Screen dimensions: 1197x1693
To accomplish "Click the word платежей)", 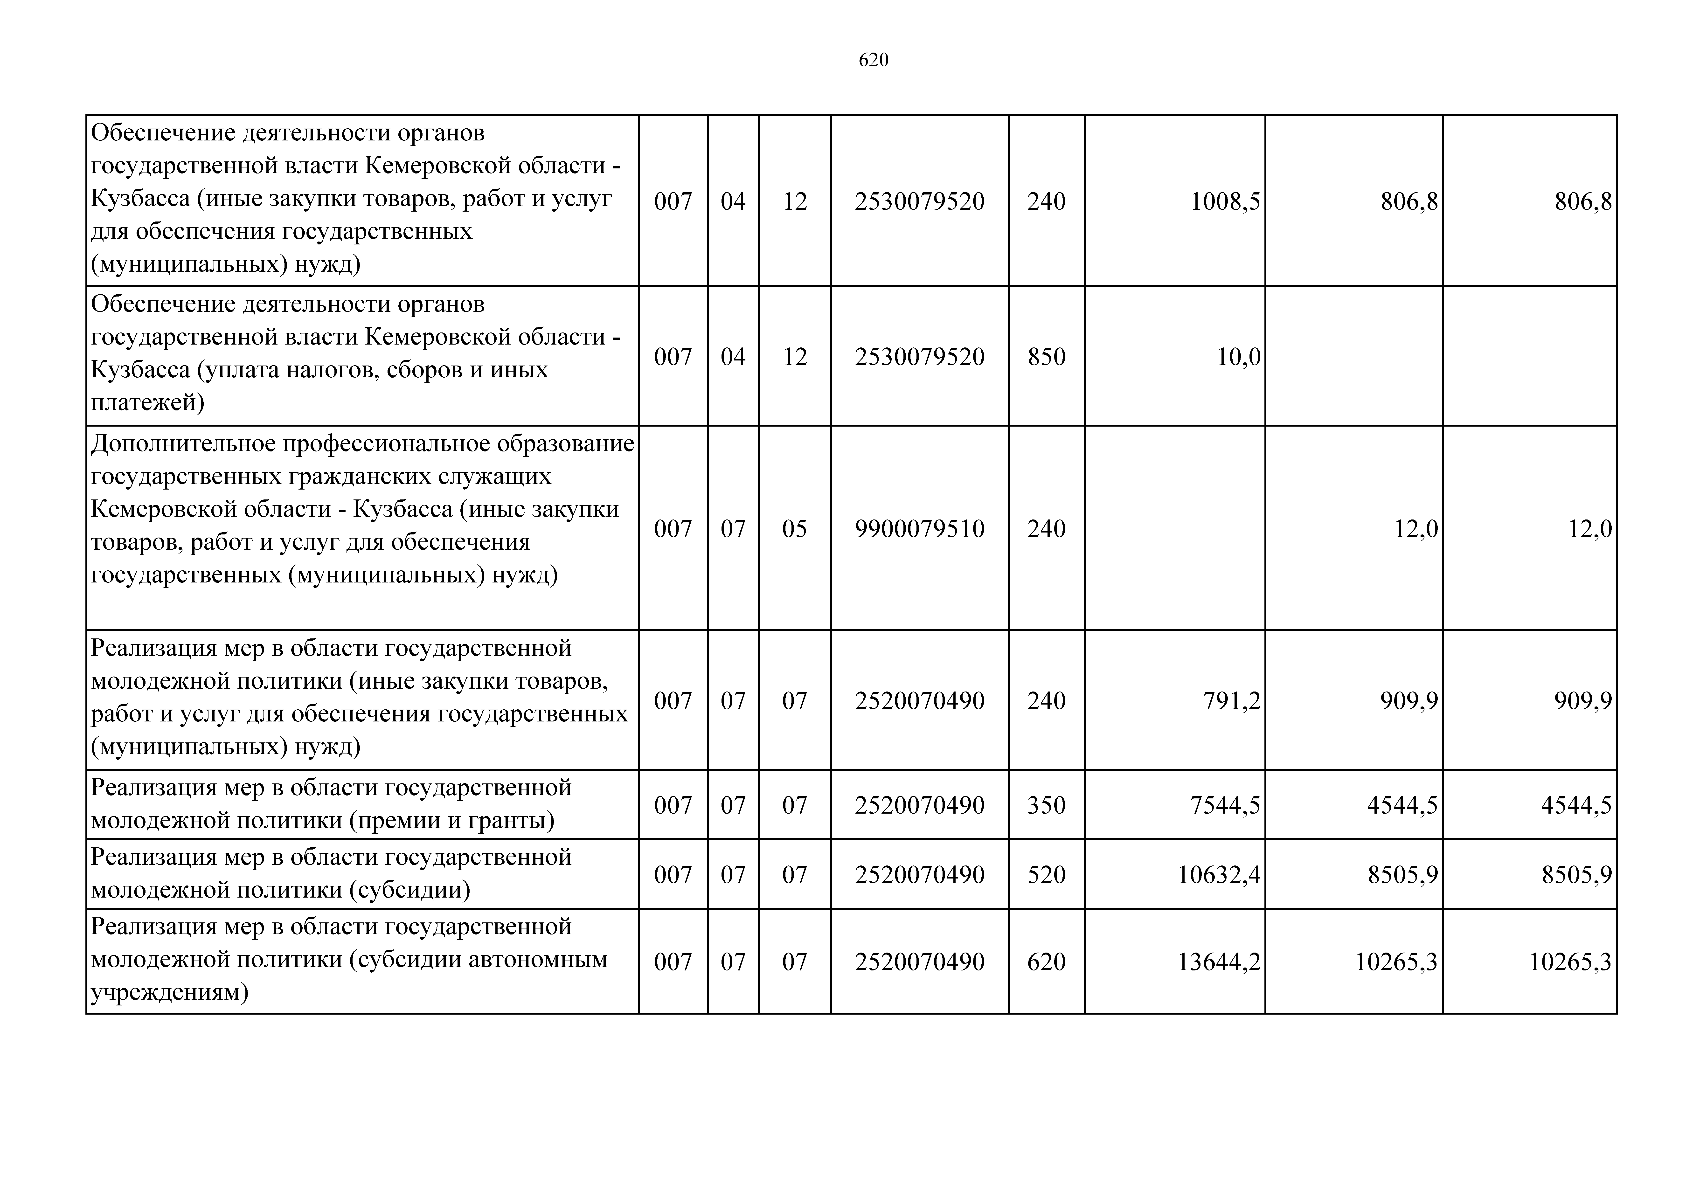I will coord(147,403).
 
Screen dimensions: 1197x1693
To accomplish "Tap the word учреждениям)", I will coord(170,993).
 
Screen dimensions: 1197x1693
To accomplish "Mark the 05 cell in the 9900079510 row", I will coord(794,529).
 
